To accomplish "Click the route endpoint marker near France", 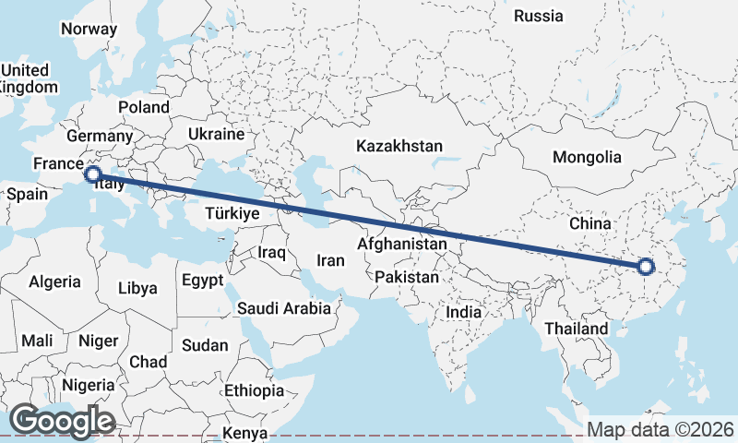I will click(92, 174).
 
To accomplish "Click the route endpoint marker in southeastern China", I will click(646, 268).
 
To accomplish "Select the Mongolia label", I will click(587, 157).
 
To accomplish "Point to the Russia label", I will click(538, 16).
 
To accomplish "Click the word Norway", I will click(89, 29).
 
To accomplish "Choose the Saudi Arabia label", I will click(283, 308).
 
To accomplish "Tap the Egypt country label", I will click(203, 280).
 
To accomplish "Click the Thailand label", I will click(577, 329).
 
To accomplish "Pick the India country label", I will click(463, 312).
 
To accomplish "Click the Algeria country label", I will click(55, 281).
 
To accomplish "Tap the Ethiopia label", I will click(254, 390).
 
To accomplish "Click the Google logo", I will click(61, 421).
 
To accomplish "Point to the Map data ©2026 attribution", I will click(661, 429).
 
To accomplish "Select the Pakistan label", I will click(407, 277).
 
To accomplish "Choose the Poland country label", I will click(144, 107).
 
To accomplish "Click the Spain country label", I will click(27, 195).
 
